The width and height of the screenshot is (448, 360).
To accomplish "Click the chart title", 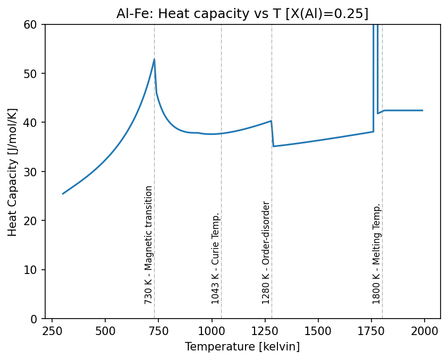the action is [242, 14].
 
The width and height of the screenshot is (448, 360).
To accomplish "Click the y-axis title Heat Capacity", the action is [12, 173].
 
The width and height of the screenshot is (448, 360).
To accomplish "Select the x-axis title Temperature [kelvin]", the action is [242, 347].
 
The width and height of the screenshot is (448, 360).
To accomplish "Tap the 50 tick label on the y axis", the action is [30, 74].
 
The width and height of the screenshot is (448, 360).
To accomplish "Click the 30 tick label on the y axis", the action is [30, 172].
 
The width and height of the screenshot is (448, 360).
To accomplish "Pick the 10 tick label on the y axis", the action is [30, 270].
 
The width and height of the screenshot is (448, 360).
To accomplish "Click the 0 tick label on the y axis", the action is [33, 319].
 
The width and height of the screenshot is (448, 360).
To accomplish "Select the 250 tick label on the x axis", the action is [52, 331].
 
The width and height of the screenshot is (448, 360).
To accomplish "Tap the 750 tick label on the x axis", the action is [158, 331].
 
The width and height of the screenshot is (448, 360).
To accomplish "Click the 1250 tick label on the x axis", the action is [265, 331].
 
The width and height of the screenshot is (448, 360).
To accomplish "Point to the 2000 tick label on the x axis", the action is [424, 331].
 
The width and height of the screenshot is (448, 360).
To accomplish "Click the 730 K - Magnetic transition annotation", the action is [148, 245].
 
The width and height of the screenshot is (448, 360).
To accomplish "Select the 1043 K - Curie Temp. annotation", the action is [215, 258].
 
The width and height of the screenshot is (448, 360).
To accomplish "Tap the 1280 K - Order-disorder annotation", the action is [265, 253].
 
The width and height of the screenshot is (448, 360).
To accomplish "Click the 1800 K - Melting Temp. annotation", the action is [376, 254].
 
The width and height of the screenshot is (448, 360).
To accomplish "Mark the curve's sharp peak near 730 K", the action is [154, 59].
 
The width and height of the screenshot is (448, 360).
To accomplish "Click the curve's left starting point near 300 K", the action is [63, 194].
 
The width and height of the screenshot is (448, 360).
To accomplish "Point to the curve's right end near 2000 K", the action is [422, 110].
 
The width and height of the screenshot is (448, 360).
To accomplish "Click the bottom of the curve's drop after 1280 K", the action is [274, 146].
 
